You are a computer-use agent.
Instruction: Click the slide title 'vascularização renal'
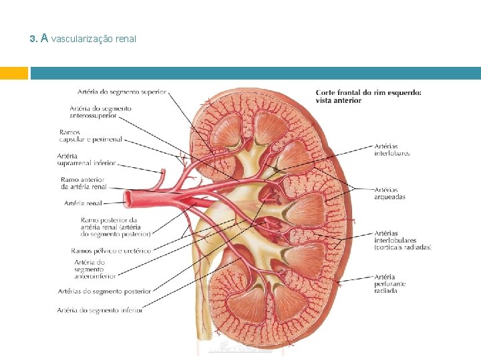click(x=94, y=39)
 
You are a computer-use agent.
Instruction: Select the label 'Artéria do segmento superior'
click(x=122, y=92)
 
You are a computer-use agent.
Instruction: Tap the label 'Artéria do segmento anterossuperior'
click(x=100, y=112)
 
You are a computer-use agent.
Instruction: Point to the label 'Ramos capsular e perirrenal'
click(x=90, y=136)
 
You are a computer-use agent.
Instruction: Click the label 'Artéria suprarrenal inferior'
click(x=86, y=159)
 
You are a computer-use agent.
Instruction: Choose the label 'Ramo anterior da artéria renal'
click(x=84, y=183)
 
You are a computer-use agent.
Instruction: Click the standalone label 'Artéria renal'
click(x=84, y=203)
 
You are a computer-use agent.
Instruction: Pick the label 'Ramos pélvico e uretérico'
click(x=111, y=251)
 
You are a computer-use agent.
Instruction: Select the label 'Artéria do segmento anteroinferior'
click(x=94, y=269)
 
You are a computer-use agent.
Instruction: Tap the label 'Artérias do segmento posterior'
click(x=104, y=291)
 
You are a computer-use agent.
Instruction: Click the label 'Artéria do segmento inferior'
click(x=100, y=310)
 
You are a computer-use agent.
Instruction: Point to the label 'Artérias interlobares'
click(x=392, y=150)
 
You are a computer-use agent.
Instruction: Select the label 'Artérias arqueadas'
click(x=389, y=193)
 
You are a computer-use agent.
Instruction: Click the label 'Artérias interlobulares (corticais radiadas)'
click(x=403, y=240)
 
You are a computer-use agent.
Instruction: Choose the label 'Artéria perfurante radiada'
click(x=390, y=283)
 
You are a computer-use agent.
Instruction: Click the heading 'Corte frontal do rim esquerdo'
click(x=368, y=96)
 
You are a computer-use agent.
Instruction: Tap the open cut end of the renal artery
click(x=130, y=198)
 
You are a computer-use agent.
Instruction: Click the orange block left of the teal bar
click(x=14, y=73)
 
